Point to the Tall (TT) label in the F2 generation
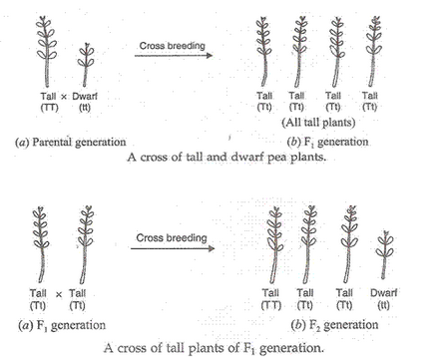[271, 297]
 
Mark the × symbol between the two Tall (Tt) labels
[58, 293]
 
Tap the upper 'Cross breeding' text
[169, 45]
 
